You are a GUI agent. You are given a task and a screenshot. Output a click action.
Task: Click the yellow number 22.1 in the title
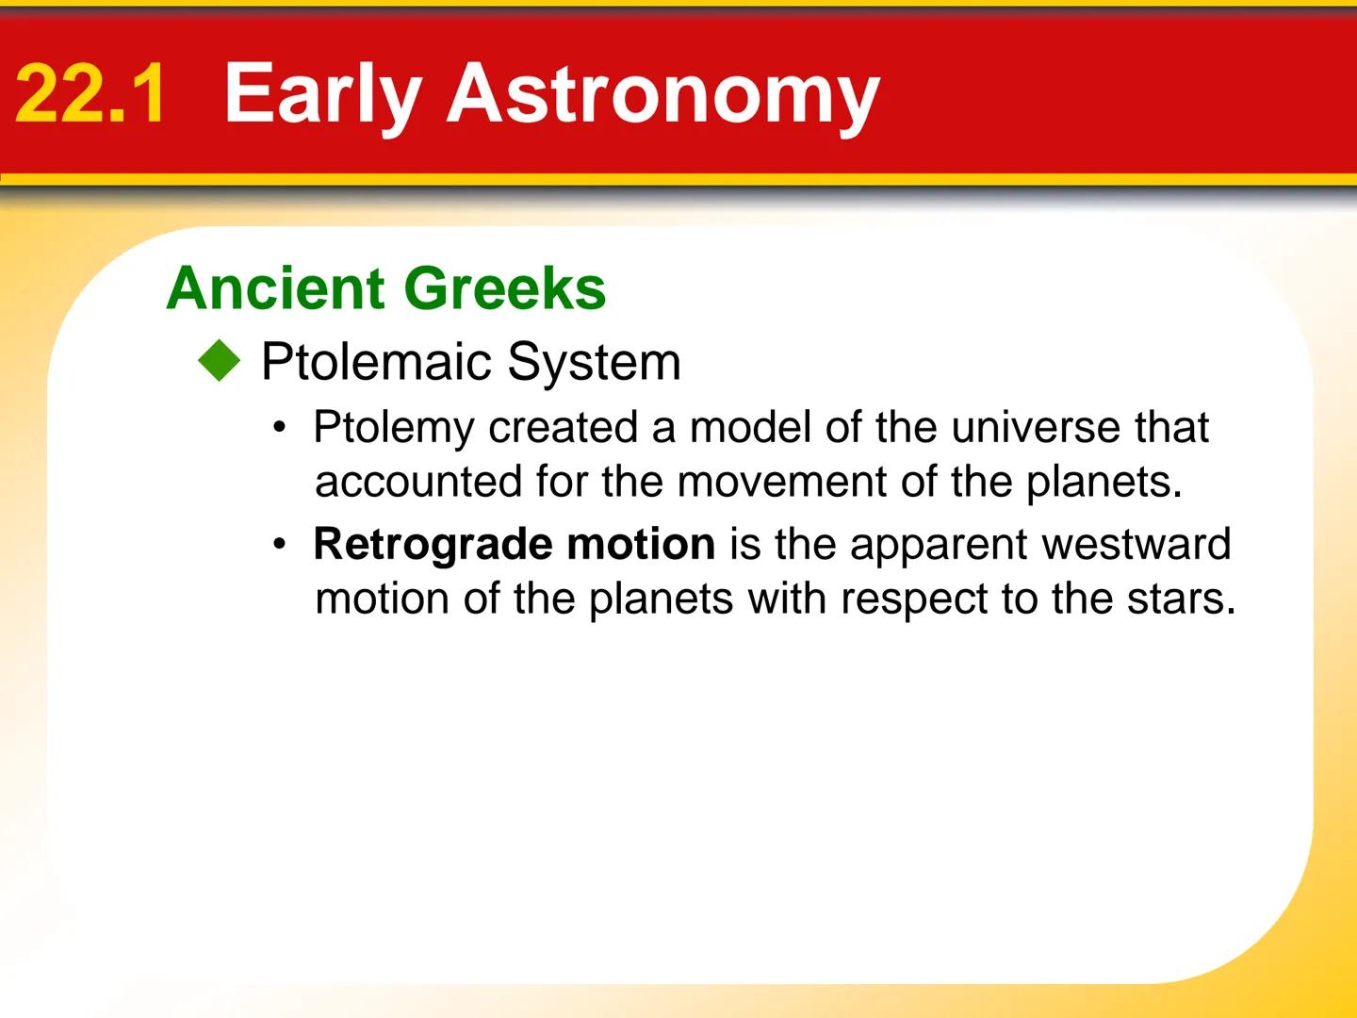[x=90, y=94]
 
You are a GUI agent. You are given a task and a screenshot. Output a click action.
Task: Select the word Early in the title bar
[x=322, y=94]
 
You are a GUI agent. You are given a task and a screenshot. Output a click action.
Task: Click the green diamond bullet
[x=220, y=362]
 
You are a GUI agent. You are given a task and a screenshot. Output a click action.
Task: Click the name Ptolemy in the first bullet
[x=394, y=428]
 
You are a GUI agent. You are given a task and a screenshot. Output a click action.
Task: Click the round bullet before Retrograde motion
[x=279, y=545]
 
